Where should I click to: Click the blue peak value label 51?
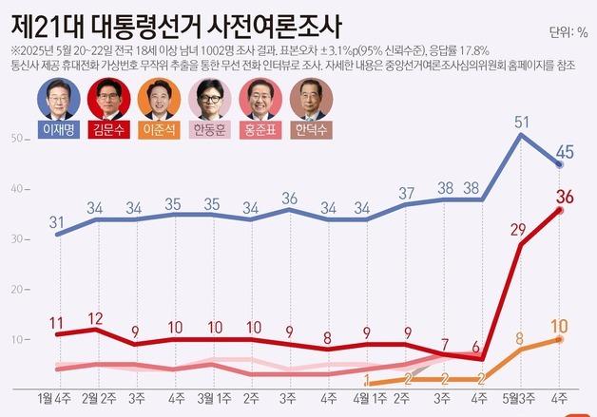[x=522, y=122]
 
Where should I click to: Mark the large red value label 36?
[x=565, y=197]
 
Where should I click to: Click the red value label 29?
[x=518, y=230]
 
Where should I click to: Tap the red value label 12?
[x=96, y=318]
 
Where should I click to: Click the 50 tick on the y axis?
[x=16, y=139]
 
